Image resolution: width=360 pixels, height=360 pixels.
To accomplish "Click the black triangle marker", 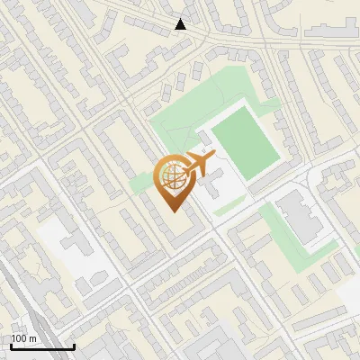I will click(181, 24).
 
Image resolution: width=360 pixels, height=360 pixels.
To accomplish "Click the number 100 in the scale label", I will click(19, 338).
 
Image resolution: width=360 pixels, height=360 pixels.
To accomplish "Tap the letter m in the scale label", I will click(32, 338).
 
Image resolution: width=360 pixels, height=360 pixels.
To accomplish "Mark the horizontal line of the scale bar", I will click(41, 346).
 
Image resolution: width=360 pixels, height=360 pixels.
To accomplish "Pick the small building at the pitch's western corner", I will click(204, 136).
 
